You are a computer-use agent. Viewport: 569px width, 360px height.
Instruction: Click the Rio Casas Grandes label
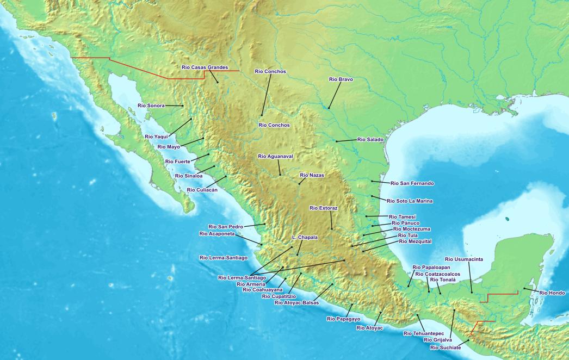pyautogui.click(x=205, y=67)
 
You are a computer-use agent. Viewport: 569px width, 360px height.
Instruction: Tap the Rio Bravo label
pyautogui.click(x=341, y=79)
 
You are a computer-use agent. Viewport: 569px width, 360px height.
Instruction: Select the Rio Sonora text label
pyautogui.click(x=151, y=105)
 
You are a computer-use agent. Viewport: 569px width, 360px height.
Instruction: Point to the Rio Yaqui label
pyautogui.click(x=157, y=136)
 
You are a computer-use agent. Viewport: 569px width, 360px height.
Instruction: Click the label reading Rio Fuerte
pyautogui.click(x=178, y=162)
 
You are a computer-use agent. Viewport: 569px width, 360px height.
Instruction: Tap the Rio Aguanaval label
pyautogui.click(x=275, y=156)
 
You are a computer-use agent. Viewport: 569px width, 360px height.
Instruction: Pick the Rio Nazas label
pyautogui.click(x=312, y=175)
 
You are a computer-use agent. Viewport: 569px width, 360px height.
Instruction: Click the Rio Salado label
pyautogui.click(x=370, y=140)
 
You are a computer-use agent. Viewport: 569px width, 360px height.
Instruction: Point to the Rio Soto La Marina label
pyautogui.click(x=410, y=201)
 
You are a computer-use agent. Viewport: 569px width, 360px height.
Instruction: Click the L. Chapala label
pyautogui.click(x=305, y=237)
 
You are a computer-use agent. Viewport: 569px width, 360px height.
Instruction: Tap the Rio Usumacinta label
pyautogui.click(x=464, y=259)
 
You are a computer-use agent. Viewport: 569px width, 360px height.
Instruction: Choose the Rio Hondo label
pyautogui.click(x=553, y=293)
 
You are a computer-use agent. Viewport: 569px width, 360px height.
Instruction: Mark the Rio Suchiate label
pyautogui.click(x=446, y=347)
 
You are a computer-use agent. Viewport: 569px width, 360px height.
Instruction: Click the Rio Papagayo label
pyautogui.click(x=343, y=319)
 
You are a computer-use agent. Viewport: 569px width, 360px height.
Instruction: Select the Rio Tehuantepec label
pyautogui.click(x=424, y=333)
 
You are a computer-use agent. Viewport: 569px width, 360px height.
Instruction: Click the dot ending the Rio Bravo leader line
pyautogui.click(x=329, y=108)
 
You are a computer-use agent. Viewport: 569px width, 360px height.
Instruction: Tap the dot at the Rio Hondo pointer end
pyautogui.click(x=524, y=289)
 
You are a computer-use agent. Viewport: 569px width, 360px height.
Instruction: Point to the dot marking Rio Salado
pyautogui.click(x=336, y=141)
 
